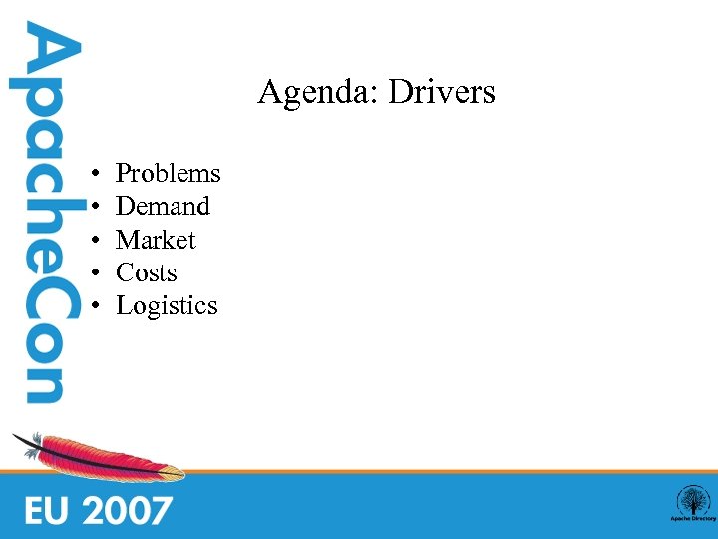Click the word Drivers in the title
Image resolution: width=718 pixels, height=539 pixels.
(442, 93)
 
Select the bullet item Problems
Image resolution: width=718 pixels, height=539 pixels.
(168, 174)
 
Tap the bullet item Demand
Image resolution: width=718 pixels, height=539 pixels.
(163, 207)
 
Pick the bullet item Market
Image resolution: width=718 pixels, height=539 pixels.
(156, 241)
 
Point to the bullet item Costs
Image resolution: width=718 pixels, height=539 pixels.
(146, 273)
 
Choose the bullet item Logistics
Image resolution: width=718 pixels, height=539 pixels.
(167, 306)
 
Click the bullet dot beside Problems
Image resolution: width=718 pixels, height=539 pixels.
(92, 175)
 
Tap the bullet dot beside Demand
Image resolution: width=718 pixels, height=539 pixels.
(92, 208)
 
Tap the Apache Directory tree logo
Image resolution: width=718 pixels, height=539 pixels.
(691, 502)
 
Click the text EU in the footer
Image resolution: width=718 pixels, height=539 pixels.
(48, 510)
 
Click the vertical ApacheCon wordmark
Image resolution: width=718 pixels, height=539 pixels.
(43, 215)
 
